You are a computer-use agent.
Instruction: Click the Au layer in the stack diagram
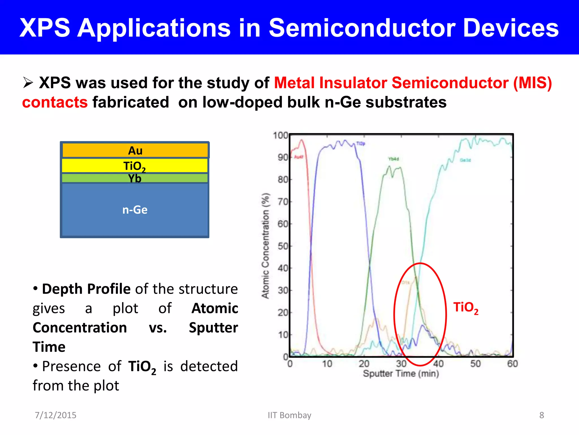click(x=135, y=150)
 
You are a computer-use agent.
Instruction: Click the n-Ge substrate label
click(x=135, y=210)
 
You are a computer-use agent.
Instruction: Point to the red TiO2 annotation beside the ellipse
click(x=466, y=308)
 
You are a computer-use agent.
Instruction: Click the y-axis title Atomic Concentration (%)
click(x=265, y=246)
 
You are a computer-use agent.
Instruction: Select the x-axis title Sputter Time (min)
click(x=401, y=374)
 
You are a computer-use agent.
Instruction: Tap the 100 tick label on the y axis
click(x=280, y=135)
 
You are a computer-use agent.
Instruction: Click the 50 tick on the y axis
click(x=282, y=246)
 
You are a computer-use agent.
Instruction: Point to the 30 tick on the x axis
click(x=401, y=364)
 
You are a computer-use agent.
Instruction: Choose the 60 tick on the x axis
click(x=512, y=364)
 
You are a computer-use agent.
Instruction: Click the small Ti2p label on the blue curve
click(x=361, y=144)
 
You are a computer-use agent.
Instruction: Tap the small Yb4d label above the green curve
click(x=394, y=159)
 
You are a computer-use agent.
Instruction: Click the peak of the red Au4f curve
click(x=302, y=140)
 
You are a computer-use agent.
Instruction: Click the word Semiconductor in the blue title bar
click(x=362, y=28)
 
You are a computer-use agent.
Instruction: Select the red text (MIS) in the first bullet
click(x=532, y=83)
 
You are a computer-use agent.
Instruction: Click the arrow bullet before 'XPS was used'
click(x=28, y=83)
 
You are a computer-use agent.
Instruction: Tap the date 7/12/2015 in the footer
click(x=55, y=415)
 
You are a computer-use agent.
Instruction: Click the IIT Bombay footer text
click(x=289, y=415)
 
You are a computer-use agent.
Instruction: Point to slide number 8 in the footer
click(x=541, y=415)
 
